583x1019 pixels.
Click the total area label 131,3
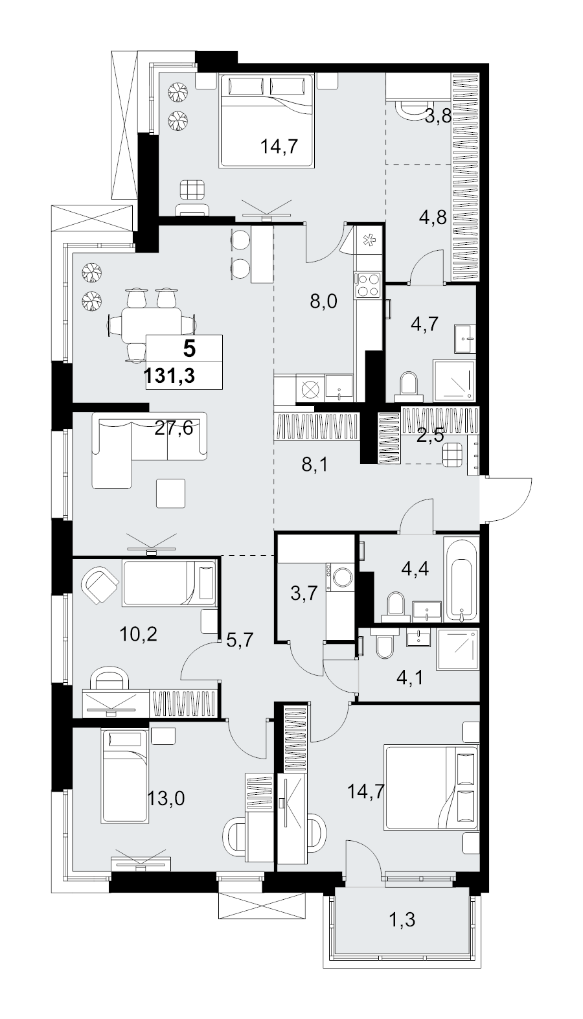[170, 376]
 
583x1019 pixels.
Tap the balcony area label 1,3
[402, 920]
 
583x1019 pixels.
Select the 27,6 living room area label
[174, 428]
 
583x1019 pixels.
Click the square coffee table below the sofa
[170, 493]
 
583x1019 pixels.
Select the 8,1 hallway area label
[315, 465]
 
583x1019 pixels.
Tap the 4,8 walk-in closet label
[433, 217]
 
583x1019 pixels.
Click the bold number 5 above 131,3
[189, 349]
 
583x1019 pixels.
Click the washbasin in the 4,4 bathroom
[427, 610]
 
